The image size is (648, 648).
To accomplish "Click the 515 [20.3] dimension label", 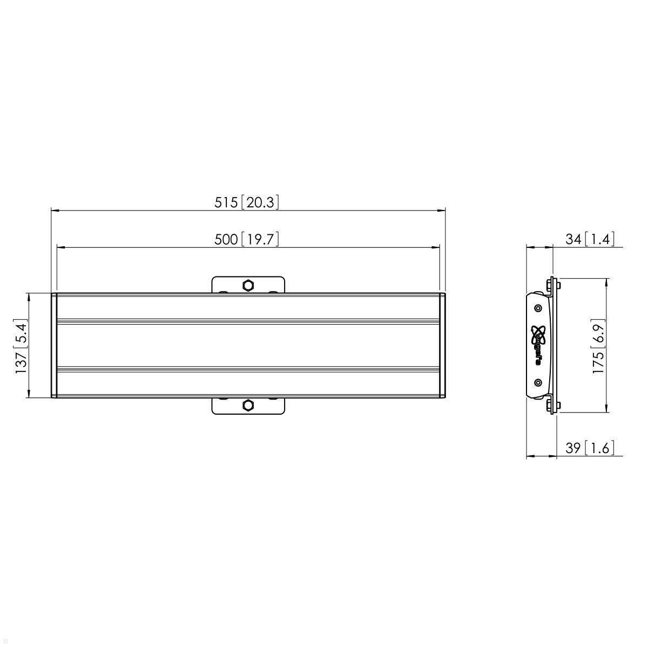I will (247, 202).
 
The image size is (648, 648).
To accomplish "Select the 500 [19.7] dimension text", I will (247, 239).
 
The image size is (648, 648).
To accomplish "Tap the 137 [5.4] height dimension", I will (22, 346).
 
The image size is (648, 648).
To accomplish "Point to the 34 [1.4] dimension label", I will (590, 238).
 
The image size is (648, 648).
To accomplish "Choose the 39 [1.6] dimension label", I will (590, 448).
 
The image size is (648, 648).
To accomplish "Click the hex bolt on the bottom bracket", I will (248, 405).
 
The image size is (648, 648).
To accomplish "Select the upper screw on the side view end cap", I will (538, 308).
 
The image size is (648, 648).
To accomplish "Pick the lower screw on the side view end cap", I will (538, 382).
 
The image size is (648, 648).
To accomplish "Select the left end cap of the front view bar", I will (54, 346).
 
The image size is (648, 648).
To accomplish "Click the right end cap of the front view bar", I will (442, 346).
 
